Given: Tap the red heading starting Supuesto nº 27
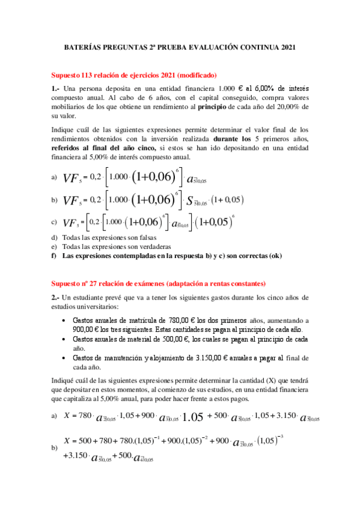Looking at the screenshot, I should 158,283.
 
